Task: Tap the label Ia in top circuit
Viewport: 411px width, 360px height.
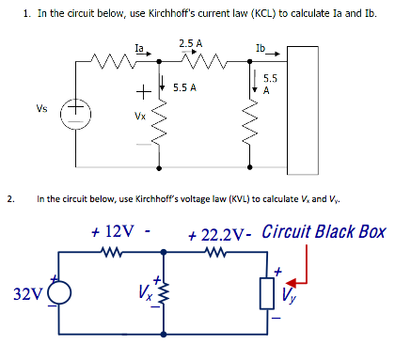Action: click(x=139, y=45)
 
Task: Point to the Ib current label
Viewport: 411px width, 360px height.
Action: click(x=261, y=47)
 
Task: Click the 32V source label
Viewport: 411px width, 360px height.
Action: click(x=28, y=294)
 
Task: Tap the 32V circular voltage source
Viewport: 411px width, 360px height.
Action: click(x=61, y=293)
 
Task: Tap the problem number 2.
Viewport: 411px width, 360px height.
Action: click(x=9, y=198)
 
